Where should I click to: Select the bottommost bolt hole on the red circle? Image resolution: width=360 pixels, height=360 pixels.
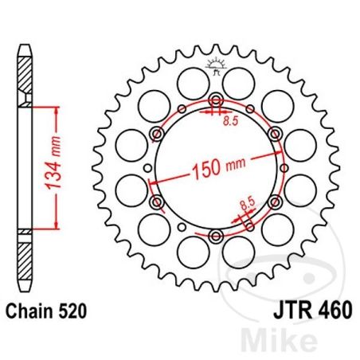tap(217, 234)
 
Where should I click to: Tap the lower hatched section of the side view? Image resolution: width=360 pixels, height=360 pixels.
tap(26, 255)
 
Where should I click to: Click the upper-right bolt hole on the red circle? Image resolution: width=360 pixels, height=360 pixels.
tap(275, 134)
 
